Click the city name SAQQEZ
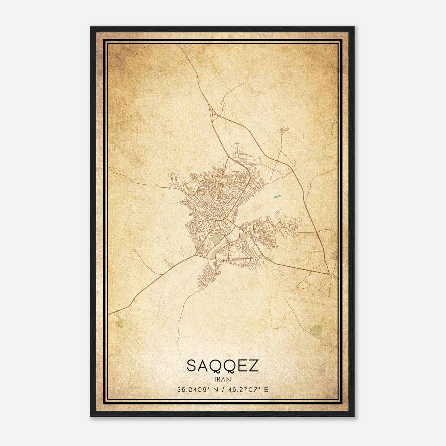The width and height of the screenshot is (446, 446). (222, 366)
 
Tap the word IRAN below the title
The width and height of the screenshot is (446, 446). (223, 379)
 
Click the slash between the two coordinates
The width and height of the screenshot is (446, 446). (223, 390)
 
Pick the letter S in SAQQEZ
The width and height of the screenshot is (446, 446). (192, 366)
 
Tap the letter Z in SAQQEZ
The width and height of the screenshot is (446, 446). (254, 366)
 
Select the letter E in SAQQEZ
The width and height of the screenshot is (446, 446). (242, 366)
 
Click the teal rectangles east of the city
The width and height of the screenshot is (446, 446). (277, 197)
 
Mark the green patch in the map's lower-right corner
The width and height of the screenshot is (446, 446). (316, 330)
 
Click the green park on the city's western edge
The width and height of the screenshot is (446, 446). (190, 191)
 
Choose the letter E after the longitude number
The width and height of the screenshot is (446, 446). (266, 390)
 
